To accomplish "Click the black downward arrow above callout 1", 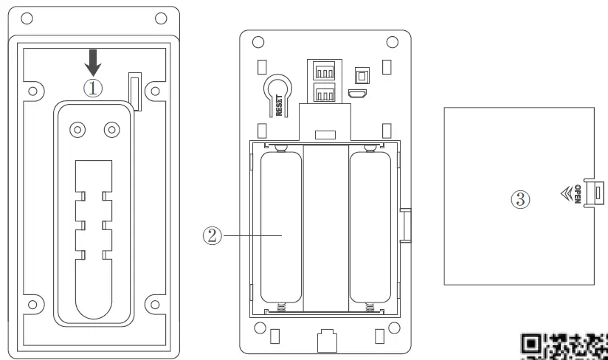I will [93, 60].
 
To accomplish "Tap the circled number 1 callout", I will [93, 86].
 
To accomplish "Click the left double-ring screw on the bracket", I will [76, 129].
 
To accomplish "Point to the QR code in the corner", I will [564, 345].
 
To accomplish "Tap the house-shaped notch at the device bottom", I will [325, 341].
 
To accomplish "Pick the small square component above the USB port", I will [362, 75].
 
